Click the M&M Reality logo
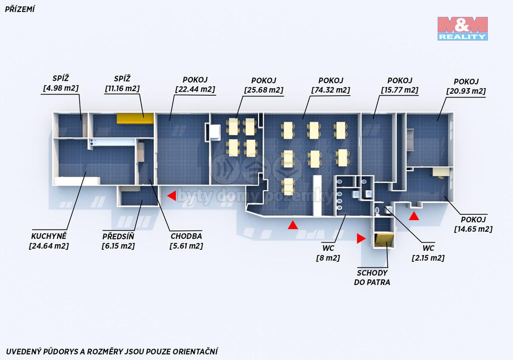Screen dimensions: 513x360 pyautogui.click(x=462, y=29)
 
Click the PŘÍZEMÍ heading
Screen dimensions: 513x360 pyautogui.click(x=20, y=9)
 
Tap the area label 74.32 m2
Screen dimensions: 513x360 pyautogui.click(x=331, y=90)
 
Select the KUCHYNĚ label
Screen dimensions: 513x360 pyautogui.click(x=49, y=236)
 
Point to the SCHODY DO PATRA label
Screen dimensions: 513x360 pyautogui.click(x=372, y=277)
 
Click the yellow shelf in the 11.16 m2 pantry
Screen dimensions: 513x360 pyautogui.click(x=135, y=118)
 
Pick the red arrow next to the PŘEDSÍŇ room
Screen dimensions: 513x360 pyautogui.click(x=171, y=196)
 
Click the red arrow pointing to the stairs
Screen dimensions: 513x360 pyautogui.click(x=361, y=238)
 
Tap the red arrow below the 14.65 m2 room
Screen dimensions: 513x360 pyautogui.click(x=414, y=216)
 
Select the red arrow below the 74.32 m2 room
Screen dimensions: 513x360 pyautogui.click(x=293, y=225)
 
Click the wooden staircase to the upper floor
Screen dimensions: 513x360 pyautogui.click(x=384, y=240)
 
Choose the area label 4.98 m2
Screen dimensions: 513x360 pyautogui.click(x=61, y=88)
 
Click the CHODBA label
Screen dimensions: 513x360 pyautogui.click(x=186, y=236)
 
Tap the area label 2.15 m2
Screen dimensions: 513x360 pyautogui.click(x=428, y=258)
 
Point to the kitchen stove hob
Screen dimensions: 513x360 pyautogui.click(x=92, y=142)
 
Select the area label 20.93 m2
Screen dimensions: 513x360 pyautogui.click(x=466, y=91)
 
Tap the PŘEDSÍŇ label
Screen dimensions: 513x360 pyautogui.click(x=118, y=236)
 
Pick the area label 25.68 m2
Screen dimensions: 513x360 pyautogui.click(x=264, y=90)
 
